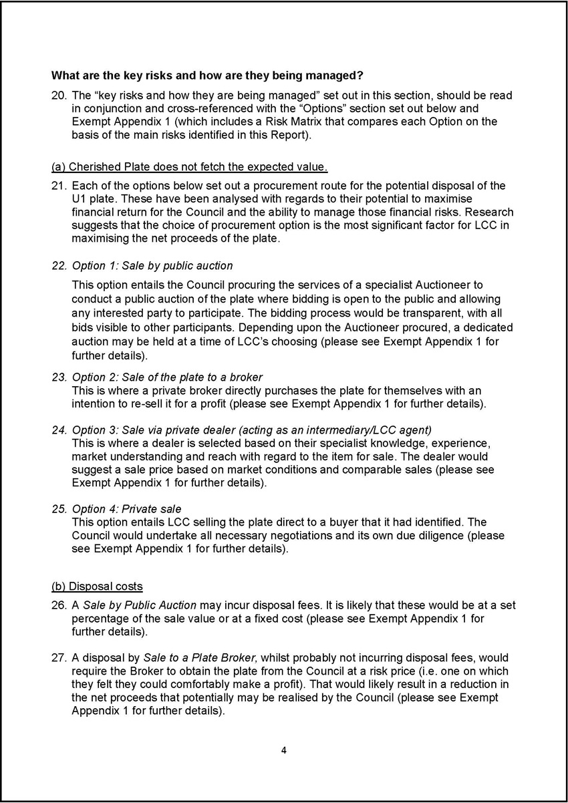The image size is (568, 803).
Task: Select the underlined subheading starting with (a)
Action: (x=189, y=166)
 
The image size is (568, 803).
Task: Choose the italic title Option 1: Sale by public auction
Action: (x=152, y=266)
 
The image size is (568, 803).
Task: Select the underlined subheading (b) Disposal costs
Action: (x=97, y=587)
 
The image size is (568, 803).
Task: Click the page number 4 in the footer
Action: (x=284, y=751)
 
